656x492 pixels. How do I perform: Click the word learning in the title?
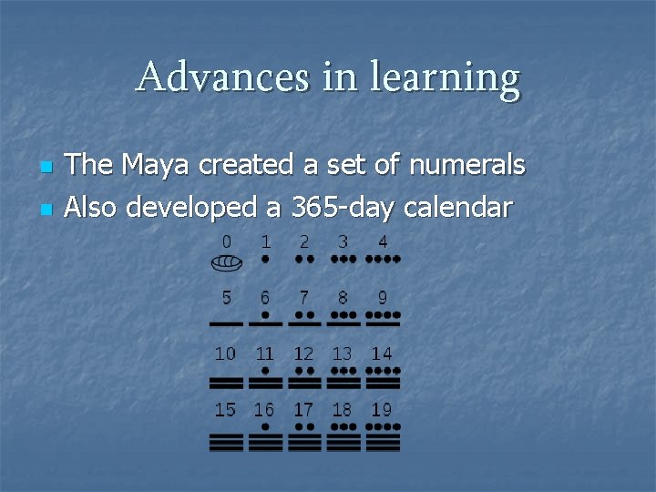[446, 79]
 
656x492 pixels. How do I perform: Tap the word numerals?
[467, 165]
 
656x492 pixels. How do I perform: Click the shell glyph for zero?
[227, 263]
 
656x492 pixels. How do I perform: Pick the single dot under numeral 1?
[265, 259]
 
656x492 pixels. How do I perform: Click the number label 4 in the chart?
[383, 242]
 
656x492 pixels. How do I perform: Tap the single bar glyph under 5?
[227, 323]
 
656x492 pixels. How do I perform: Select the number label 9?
[383, 297]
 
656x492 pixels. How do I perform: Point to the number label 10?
[226, 353]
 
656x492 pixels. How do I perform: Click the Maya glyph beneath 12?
[304, 376]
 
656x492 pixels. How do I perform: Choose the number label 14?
[383, 353]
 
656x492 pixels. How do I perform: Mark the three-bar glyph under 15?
[227, 443]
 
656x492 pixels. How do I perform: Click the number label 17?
[304, 409]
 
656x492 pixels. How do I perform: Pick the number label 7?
[304, 297]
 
